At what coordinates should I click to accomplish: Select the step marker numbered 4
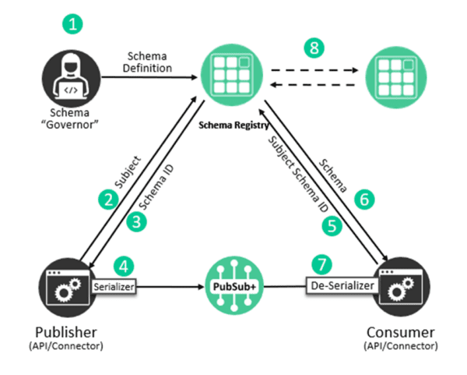point(121,265)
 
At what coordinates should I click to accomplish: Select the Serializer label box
point(114,287)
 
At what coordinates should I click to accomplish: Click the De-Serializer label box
point(341,286)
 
